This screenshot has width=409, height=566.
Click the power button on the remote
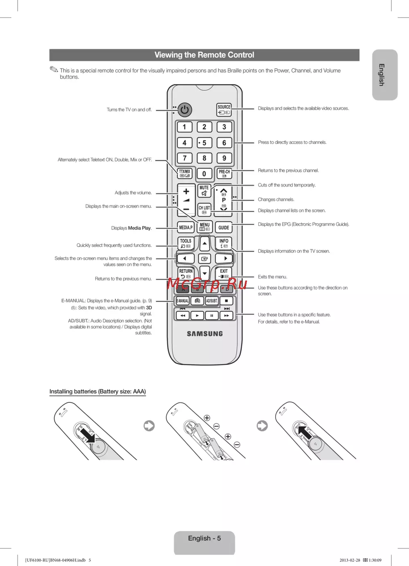point(185,110)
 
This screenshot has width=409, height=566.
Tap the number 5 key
point(204,143)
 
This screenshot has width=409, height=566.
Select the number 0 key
point(204,173)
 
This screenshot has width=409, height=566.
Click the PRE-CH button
point(224,173)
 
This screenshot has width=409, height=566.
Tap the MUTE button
point(204,191)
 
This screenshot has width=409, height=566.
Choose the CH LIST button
point(204,210)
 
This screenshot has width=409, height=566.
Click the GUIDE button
point(224,227)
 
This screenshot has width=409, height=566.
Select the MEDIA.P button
point(186,227)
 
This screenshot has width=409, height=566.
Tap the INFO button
point(224,243)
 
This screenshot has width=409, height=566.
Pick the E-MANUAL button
point(182,301)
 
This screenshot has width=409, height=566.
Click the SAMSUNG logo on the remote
point(205,334)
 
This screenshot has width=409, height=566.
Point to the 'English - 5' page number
point(204,538)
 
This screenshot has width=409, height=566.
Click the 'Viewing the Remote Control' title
point(204,55)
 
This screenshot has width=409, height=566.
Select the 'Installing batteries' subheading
point(98,391)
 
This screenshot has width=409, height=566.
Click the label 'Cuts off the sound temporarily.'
point(287,185)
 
